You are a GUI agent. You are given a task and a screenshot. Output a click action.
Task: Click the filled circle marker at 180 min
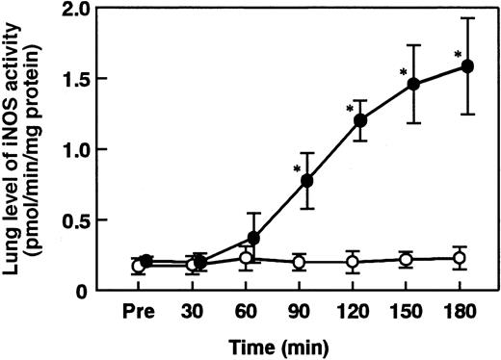click(x=468, y=66)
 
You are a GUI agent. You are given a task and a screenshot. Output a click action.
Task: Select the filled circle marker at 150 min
click(x=414, y=84)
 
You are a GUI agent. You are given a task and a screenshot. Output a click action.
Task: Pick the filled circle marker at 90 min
click(x=308, y=180)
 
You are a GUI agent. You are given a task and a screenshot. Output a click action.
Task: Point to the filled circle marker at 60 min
click(x=254, y=237)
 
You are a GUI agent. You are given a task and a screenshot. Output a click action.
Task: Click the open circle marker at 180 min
click(x=460, y=257)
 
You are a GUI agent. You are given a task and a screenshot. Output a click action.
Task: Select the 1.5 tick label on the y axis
click(x=92, y=79)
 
